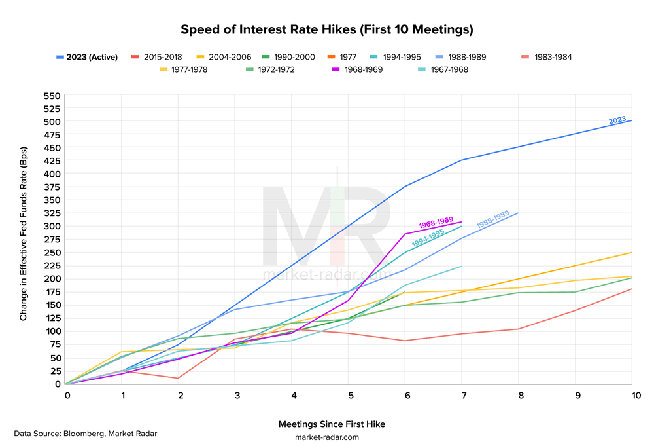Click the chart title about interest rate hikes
pos(326,30)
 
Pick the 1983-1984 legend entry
pos(553,57)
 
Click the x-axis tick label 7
pos(462,396)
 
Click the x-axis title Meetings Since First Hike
pos(332,424)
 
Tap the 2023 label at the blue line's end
pos(617,120)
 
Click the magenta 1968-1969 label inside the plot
pos(436,221)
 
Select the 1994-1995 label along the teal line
pos(428,237)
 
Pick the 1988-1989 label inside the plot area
pos(492,219)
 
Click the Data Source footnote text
pos(86,433)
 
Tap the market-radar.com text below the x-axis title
pos(327,437)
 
